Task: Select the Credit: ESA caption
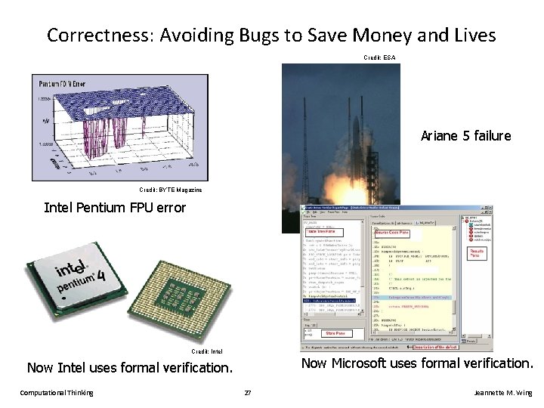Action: [x=379, y=57]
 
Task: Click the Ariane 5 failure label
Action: [x=465, y=136]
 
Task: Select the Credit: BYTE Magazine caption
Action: [x=171, y=190]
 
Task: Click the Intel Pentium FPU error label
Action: [x=115, y=207]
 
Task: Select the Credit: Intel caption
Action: [x=206, y=351]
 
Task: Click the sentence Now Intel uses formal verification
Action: [x=129, y=369]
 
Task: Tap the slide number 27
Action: [x=246, y=393]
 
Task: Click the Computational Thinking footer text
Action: [x=57, y=393]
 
